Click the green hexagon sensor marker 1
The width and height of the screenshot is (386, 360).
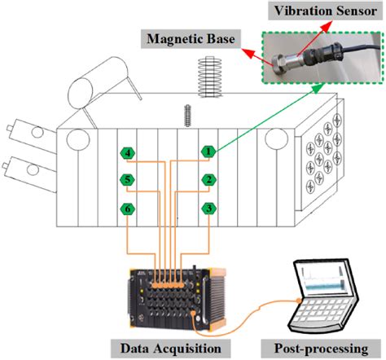(209, 151)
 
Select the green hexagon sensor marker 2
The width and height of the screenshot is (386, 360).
(209, 180)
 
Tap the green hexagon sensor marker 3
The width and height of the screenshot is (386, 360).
(209, 209)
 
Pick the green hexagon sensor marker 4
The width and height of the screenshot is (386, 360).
(128, 151)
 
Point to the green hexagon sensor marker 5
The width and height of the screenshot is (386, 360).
(128, 180)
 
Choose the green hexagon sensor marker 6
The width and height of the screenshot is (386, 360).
(128, 209)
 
